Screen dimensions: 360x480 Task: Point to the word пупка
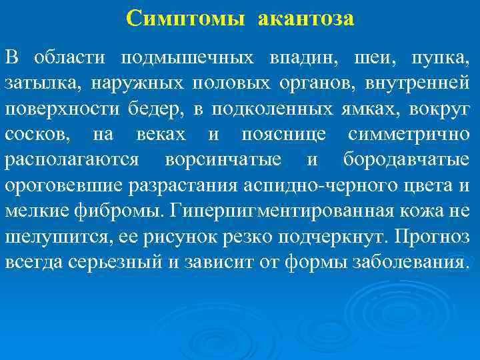coord(445,58)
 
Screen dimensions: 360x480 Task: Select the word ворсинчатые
coord(223,159)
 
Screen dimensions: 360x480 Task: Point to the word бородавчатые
coord(406,159)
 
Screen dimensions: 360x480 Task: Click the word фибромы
coord(125,211)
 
